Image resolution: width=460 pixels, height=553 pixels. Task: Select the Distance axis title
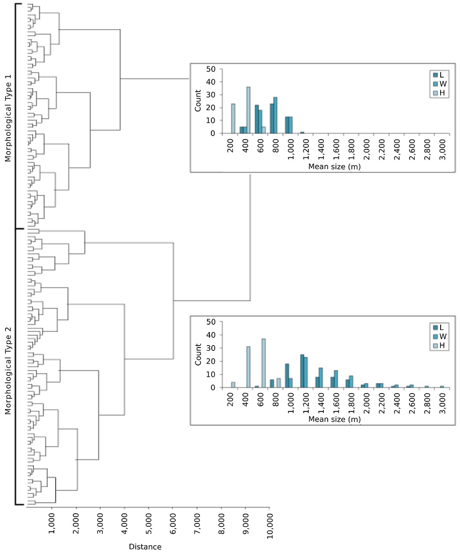pos(145,547)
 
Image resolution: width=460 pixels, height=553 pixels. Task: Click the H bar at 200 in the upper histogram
pos(233,118)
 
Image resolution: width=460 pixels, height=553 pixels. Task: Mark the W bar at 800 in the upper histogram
pos(275,115)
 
